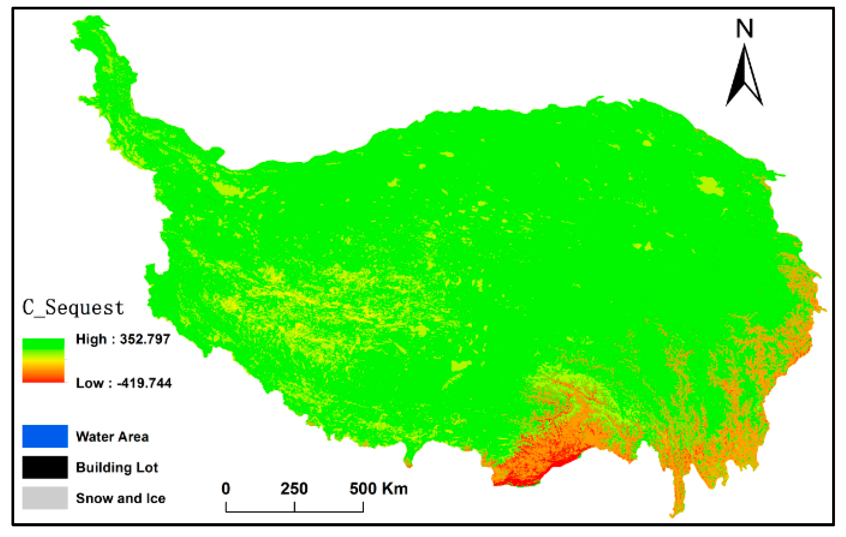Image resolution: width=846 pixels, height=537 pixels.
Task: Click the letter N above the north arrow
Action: pos(744,28)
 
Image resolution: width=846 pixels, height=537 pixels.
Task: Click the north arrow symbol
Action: pos(744,77)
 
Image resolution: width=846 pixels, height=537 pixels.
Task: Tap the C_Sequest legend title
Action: pos(73,308)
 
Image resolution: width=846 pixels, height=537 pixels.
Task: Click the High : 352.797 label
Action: pos(123,339)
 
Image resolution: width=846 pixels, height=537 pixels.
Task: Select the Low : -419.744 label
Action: pos(124,383)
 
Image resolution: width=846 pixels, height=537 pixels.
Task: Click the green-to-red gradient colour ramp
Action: pos(43,360)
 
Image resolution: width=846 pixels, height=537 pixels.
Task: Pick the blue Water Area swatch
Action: pos(45,436)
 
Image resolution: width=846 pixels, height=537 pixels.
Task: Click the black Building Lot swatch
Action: pos(45,467)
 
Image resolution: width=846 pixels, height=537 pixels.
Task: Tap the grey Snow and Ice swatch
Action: pos(45,498)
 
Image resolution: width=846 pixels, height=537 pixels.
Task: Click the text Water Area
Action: pos(112,437)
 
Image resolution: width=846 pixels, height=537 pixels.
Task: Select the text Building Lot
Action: pos(117,468)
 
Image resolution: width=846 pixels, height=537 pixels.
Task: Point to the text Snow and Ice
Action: pos(120,498)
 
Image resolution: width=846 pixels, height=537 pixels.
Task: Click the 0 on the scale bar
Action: pos(226,489)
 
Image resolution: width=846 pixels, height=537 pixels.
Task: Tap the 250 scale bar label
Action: pos(294,489)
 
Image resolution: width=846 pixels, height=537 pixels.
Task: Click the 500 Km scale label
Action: pos(378,489)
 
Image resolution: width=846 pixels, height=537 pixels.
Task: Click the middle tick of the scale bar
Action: pos(295,507)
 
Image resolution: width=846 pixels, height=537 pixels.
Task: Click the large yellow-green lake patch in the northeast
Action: pos(710,186)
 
